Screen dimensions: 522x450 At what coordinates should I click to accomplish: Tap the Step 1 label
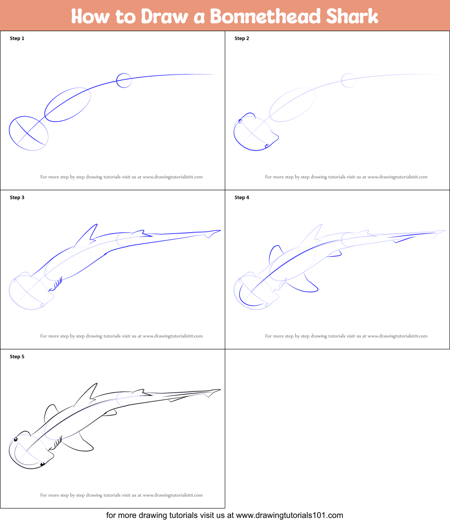17,38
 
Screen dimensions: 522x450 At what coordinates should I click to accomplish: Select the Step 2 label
242,38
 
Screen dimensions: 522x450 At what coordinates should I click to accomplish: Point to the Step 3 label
17,197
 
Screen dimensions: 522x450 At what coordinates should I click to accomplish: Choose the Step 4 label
242,197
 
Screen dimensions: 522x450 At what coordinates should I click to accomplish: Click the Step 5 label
17,357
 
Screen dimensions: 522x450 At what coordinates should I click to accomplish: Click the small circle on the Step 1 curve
124,80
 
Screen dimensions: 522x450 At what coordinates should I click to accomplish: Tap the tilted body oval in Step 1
68,105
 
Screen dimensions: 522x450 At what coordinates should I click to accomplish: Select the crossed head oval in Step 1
28,133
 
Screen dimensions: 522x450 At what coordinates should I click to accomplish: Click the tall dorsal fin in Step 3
90,234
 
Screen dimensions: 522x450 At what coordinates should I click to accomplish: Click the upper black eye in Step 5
16,439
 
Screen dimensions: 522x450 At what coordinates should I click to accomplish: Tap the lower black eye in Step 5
42,464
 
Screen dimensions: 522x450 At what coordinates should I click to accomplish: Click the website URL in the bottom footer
289,515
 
